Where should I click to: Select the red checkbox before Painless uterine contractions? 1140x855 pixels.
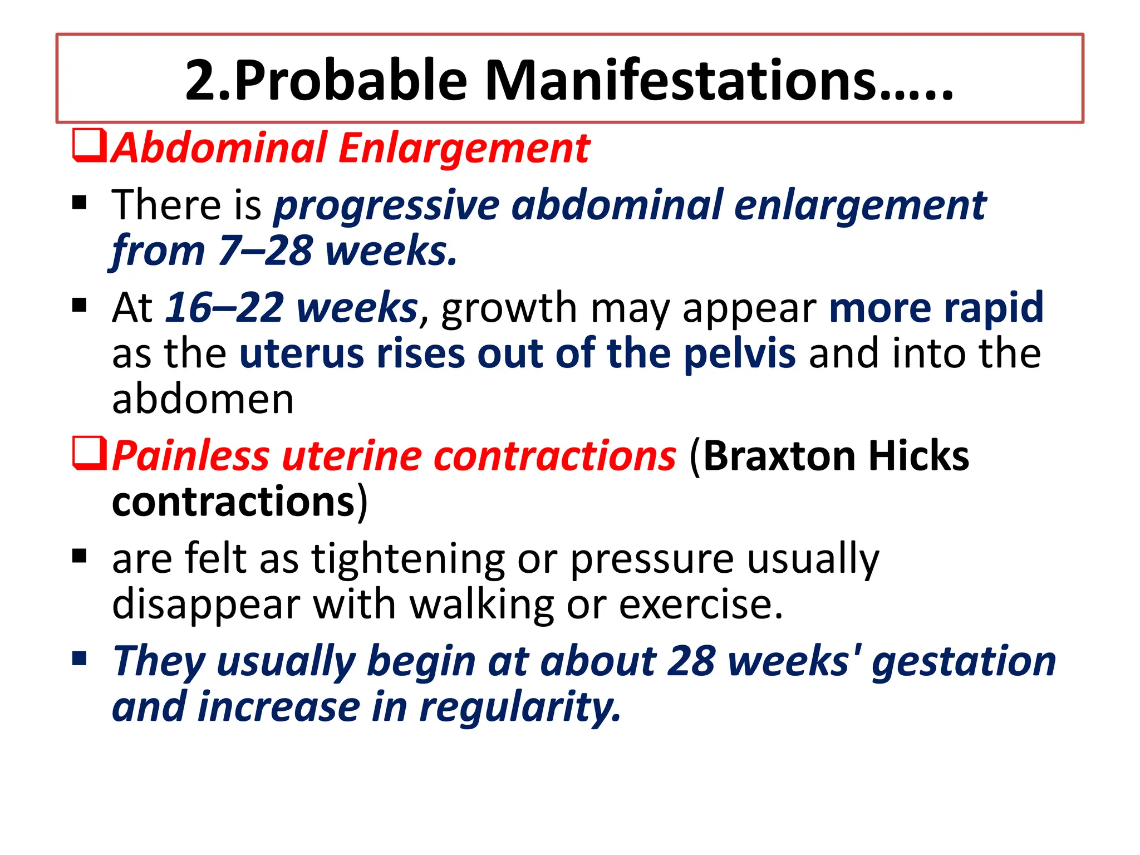pyautogui.click(x=89, y=454)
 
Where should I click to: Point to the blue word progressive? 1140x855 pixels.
pyautogui.click(x=386, y=206)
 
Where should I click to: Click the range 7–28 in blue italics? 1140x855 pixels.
pyautogui.click(x=265, y=251)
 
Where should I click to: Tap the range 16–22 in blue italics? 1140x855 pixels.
pyautogui.click(x=225, y=308)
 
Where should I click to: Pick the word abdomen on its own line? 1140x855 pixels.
pyautogui.click(x=203, y=399)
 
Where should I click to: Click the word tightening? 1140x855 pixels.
pyautogui.click(x=408, y=558)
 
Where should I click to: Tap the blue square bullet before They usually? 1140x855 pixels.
pyautogui.click(x=80, y=659)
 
